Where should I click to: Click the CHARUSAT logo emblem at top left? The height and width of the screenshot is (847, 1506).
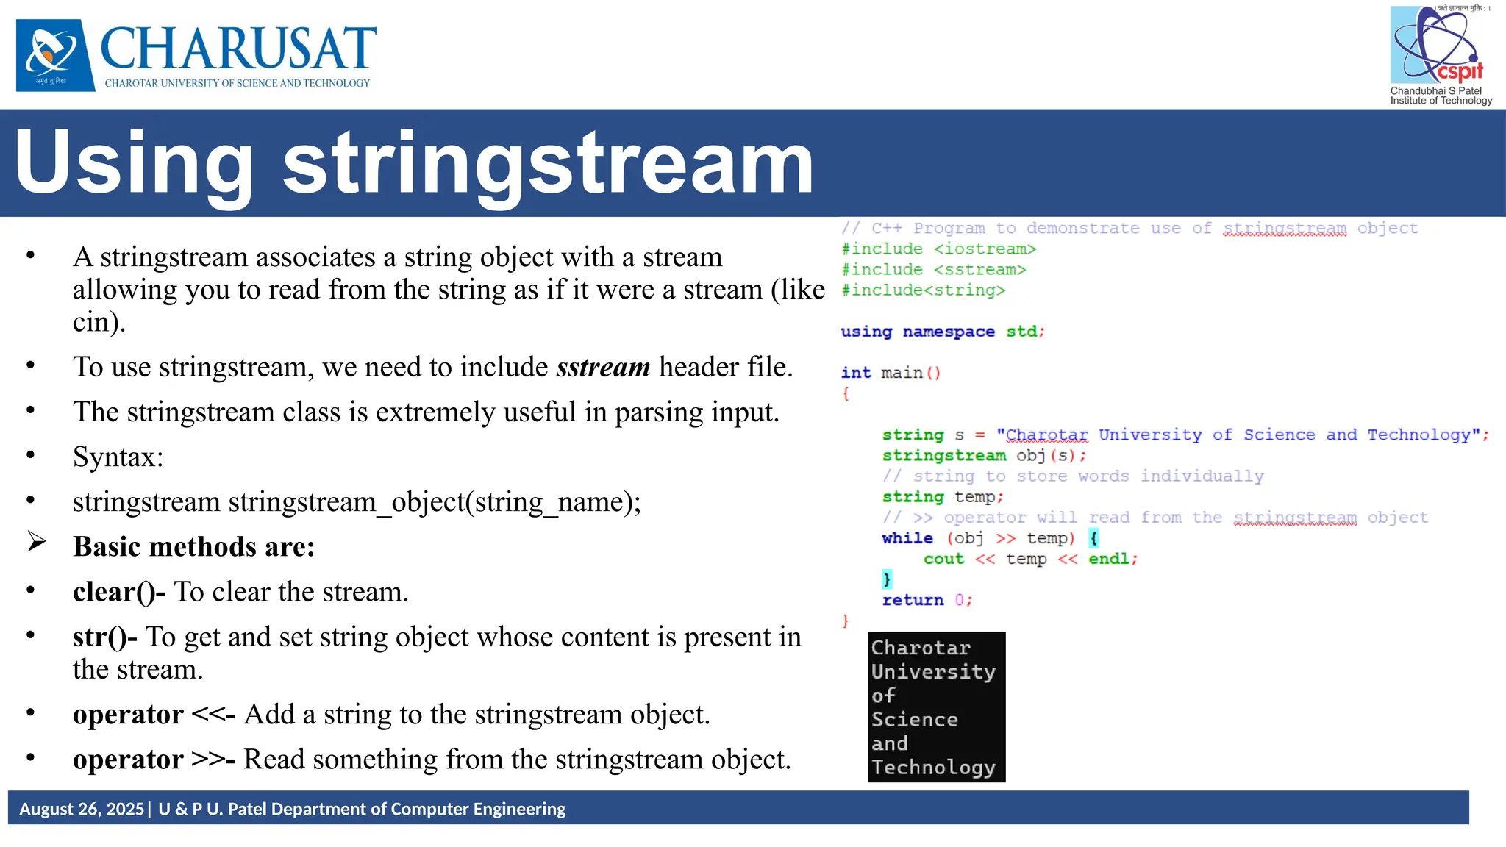click(55, 54)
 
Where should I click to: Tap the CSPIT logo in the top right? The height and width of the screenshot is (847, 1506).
click(1437, 46)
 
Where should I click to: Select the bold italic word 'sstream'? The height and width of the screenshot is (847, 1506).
click(603, 367)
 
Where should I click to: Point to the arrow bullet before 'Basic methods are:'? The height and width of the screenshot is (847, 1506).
click(37, 543)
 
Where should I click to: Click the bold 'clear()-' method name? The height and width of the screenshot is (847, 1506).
click(119, 592)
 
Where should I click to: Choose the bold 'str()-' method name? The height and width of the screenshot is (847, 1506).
click(104, 637)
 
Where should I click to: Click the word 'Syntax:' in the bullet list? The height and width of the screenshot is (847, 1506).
click(118, 457)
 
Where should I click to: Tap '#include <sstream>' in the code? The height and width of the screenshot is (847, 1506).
click(933, 270)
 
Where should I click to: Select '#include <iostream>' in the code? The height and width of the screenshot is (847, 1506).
click(938, 249)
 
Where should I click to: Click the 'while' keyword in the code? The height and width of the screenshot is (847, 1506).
click(907, 538)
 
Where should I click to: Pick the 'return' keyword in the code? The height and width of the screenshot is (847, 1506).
click(913, 600)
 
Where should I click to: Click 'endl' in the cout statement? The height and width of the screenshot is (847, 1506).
click(1108, 559)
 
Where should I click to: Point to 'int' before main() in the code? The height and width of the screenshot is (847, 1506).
click(856, 373)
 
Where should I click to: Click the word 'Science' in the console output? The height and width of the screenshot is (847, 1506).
click(914, 719)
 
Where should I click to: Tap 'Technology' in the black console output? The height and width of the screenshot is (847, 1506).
click(933, 768)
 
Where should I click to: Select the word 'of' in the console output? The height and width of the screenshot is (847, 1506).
click(883, 696)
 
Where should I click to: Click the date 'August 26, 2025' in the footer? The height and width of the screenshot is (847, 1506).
click(82, 809)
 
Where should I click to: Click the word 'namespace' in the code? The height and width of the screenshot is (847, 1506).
click(949, 332)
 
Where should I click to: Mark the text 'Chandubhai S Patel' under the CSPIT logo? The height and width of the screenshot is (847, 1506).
click(1435, 91)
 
